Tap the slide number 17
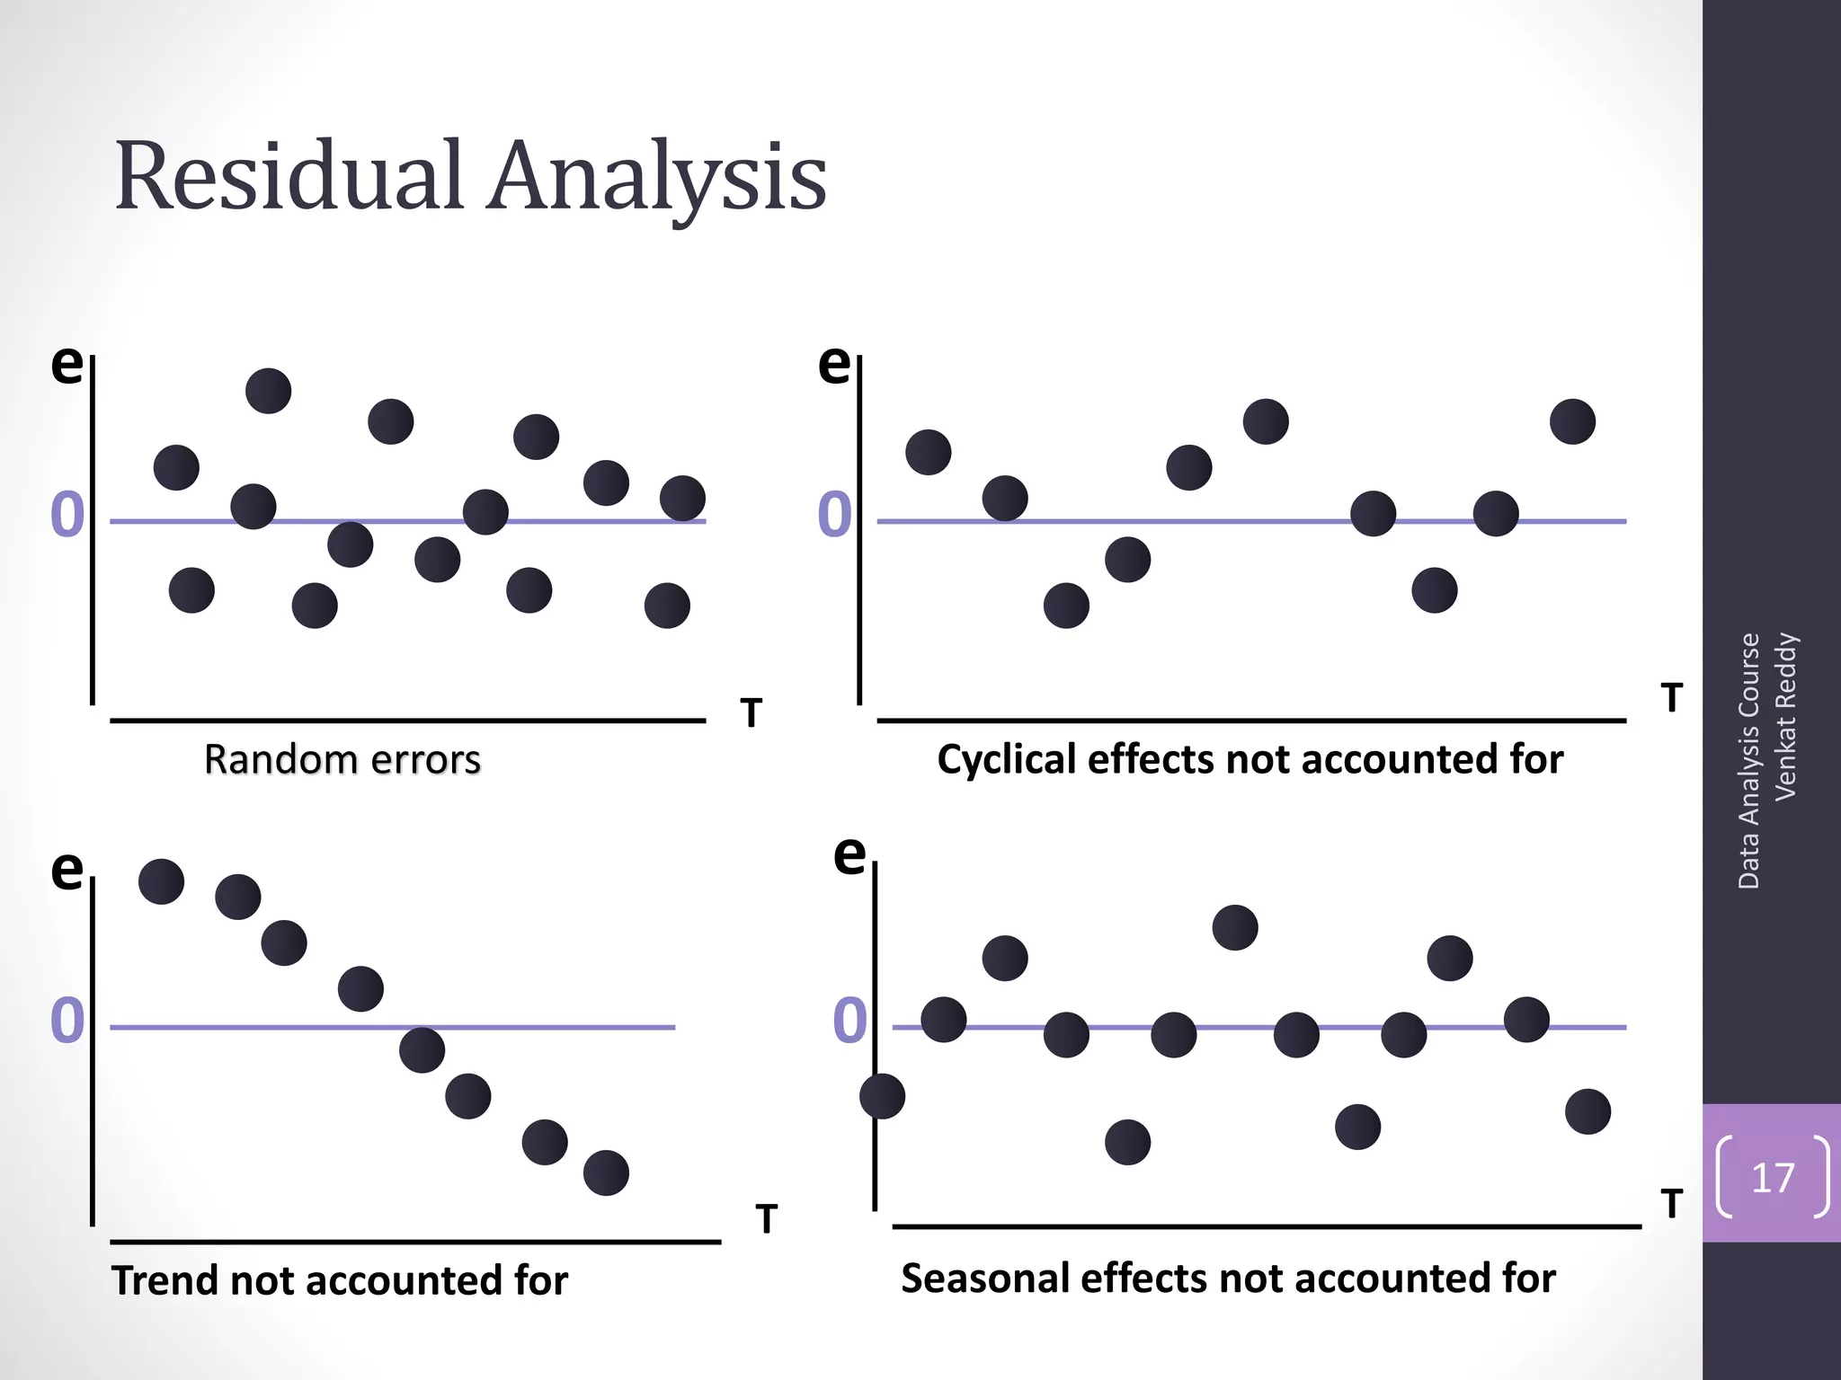point(1773,1177)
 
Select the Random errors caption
point(342,760)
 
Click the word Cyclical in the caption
point(1006,760)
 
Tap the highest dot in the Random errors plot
point(269,391)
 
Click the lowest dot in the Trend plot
point(606,1172)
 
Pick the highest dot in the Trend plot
point(162,881)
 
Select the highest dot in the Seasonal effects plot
point(1235,927)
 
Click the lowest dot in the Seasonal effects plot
point(1128,1142)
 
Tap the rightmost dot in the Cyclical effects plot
point(1573,421)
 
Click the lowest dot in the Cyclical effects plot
point(1066,606)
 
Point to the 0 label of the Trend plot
point(67,1022)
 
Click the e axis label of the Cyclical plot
point(834,363)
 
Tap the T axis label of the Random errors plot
point(752,713)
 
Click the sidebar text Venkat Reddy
point(1785,716)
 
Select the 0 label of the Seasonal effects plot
point(850,1022)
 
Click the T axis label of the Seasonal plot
point(1671,1204)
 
